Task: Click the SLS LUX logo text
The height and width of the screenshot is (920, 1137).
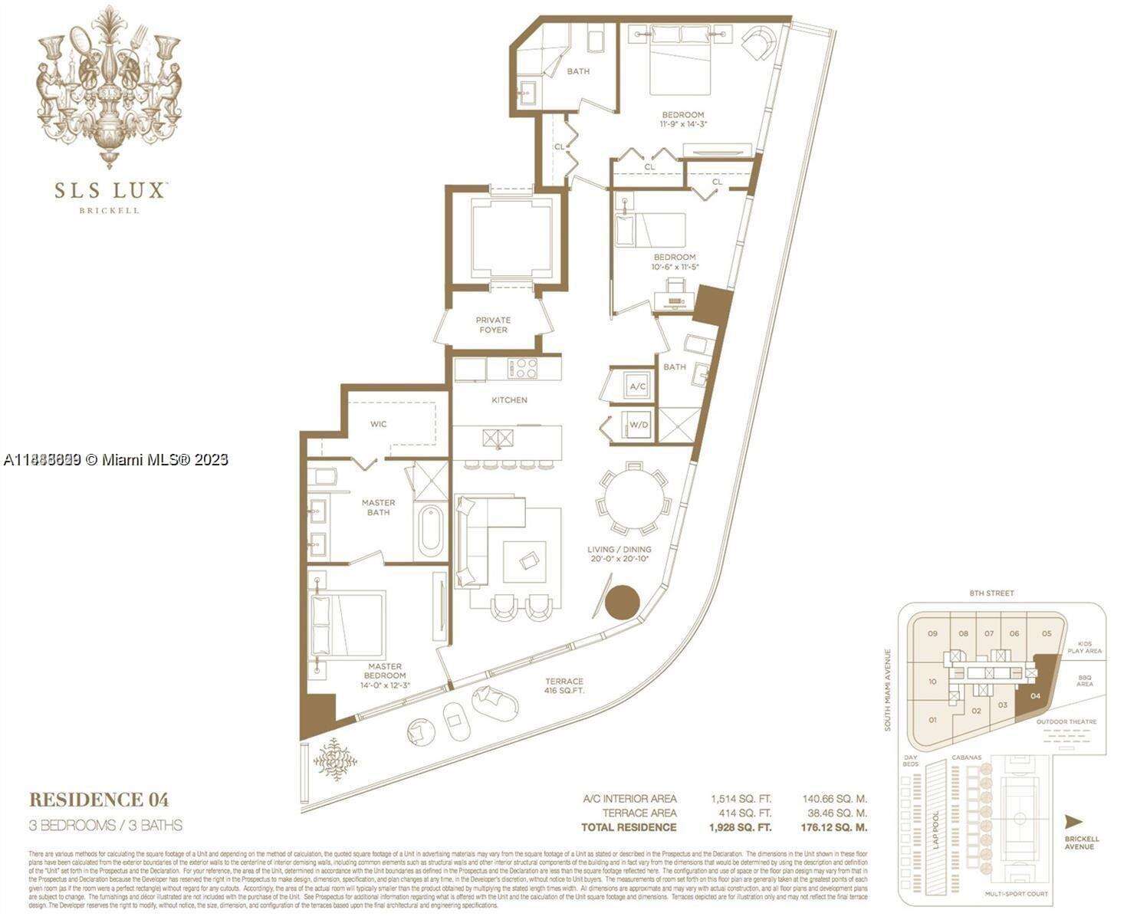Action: click(x=110, y=189)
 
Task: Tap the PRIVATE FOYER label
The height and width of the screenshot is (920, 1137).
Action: click(x=493, y=324)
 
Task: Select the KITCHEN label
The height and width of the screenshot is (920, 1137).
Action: click(x=509, y=399)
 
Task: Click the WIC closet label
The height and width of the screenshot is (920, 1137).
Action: click(x=378, y=423)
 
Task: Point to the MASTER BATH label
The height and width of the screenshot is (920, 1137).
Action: click(x=378, y=508)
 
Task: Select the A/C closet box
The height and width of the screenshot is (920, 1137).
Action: click(x=638, y=387)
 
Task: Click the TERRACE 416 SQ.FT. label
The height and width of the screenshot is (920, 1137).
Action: click(x=564, y=685)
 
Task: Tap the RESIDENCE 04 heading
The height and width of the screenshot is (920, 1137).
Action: click(x=98, y=800)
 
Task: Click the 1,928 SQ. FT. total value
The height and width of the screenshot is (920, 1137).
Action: click(x=741, y=827)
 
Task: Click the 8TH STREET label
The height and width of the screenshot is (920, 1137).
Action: click(x=991, y=593)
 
